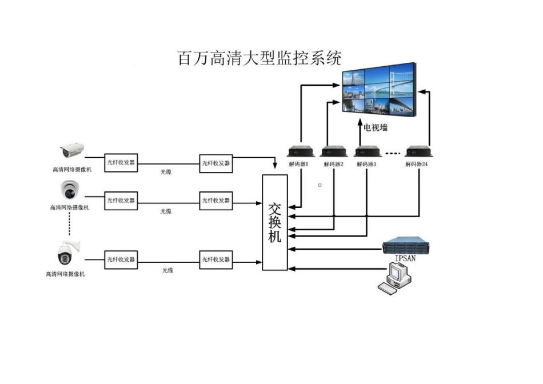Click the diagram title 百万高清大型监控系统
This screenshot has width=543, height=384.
pyautogui.click(x=259, y=58)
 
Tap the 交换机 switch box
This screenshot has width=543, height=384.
pyautogui.click(x=275, y=222)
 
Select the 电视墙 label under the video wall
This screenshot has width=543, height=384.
pyautogui.click(x=376, y=127)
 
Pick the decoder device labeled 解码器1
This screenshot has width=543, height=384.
pyautogui.click(x=301, y=151)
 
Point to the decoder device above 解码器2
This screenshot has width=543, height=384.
pyautogui.click(x=334, y=151)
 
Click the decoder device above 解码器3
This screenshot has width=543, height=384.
pyautogui.click(x=367, y=151)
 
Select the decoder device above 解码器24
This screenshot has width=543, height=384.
pyautogui.click(x=417, y=151)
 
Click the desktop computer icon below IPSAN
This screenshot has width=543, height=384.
pyautogui.click(x=396, y=280)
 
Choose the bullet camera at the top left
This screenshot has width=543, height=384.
pyautogui.click(x=73, y=151)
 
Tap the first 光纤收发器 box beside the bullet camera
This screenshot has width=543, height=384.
pyautogui.click(x=121, y=163)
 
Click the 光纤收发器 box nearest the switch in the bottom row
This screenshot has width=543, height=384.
pyautogui.click(x=216, y=260)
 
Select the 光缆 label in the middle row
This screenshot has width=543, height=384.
pyautogui.click(x=166, y=211)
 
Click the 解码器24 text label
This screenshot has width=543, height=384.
pyautogui.click(x=417, y=164)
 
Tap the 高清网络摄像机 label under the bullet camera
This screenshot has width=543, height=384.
pyautogui.click(x=71, y=170)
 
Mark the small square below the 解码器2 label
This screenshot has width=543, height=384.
pyautogui.click(x=320, y=185)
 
